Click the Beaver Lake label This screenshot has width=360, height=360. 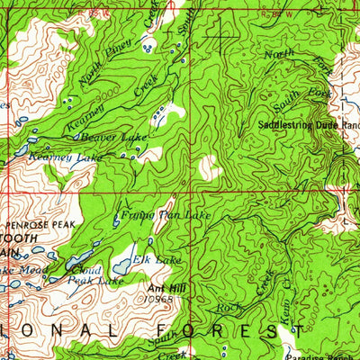pos(113,137)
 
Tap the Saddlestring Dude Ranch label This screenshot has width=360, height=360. pos(305,125)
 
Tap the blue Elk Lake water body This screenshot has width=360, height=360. pos(122,267)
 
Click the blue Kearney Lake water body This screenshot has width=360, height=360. pos(20,153)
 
